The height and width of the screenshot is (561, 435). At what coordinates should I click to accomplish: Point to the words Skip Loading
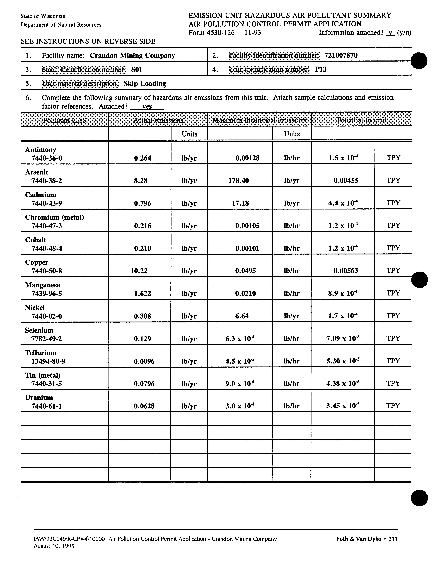[x=145, y=84]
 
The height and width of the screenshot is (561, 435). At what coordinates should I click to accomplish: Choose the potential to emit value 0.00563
[x=346, y=271]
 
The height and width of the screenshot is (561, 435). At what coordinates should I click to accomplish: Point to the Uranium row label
[x=39, y=398]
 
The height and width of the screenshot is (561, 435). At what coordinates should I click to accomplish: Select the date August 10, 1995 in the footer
[x=54, y=546]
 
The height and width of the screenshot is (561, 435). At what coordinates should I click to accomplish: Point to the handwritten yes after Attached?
[x=147, y=106]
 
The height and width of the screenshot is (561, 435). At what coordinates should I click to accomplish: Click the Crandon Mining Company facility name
[x=132, y=55]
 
